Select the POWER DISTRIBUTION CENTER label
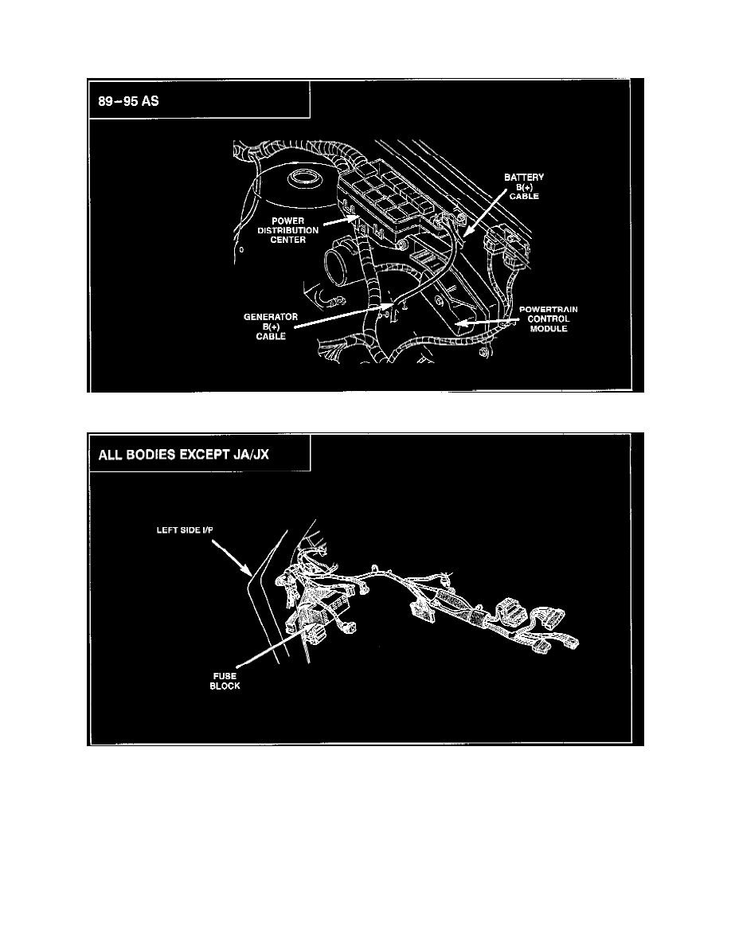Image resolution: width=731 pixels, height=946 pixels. click(x=288, y=231)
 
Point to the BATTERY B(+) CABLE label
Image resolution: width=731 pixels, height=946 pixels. click(x=522, y=186)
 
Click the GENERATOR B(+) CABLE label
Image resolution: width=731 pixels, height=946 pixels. click(x=271, y=326)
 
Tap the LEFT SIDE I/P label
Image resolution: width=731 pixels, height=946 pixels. click(x=183, y=530)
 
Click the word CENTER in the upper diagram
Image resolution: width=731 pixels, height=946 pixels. click(x=288, y=241)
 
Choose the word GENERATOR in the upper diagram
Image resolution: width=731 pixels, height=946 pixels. click(x=271, y=316)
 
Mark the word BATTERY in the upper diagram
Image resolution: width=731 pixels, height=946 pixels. click(x=523, y=176)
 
